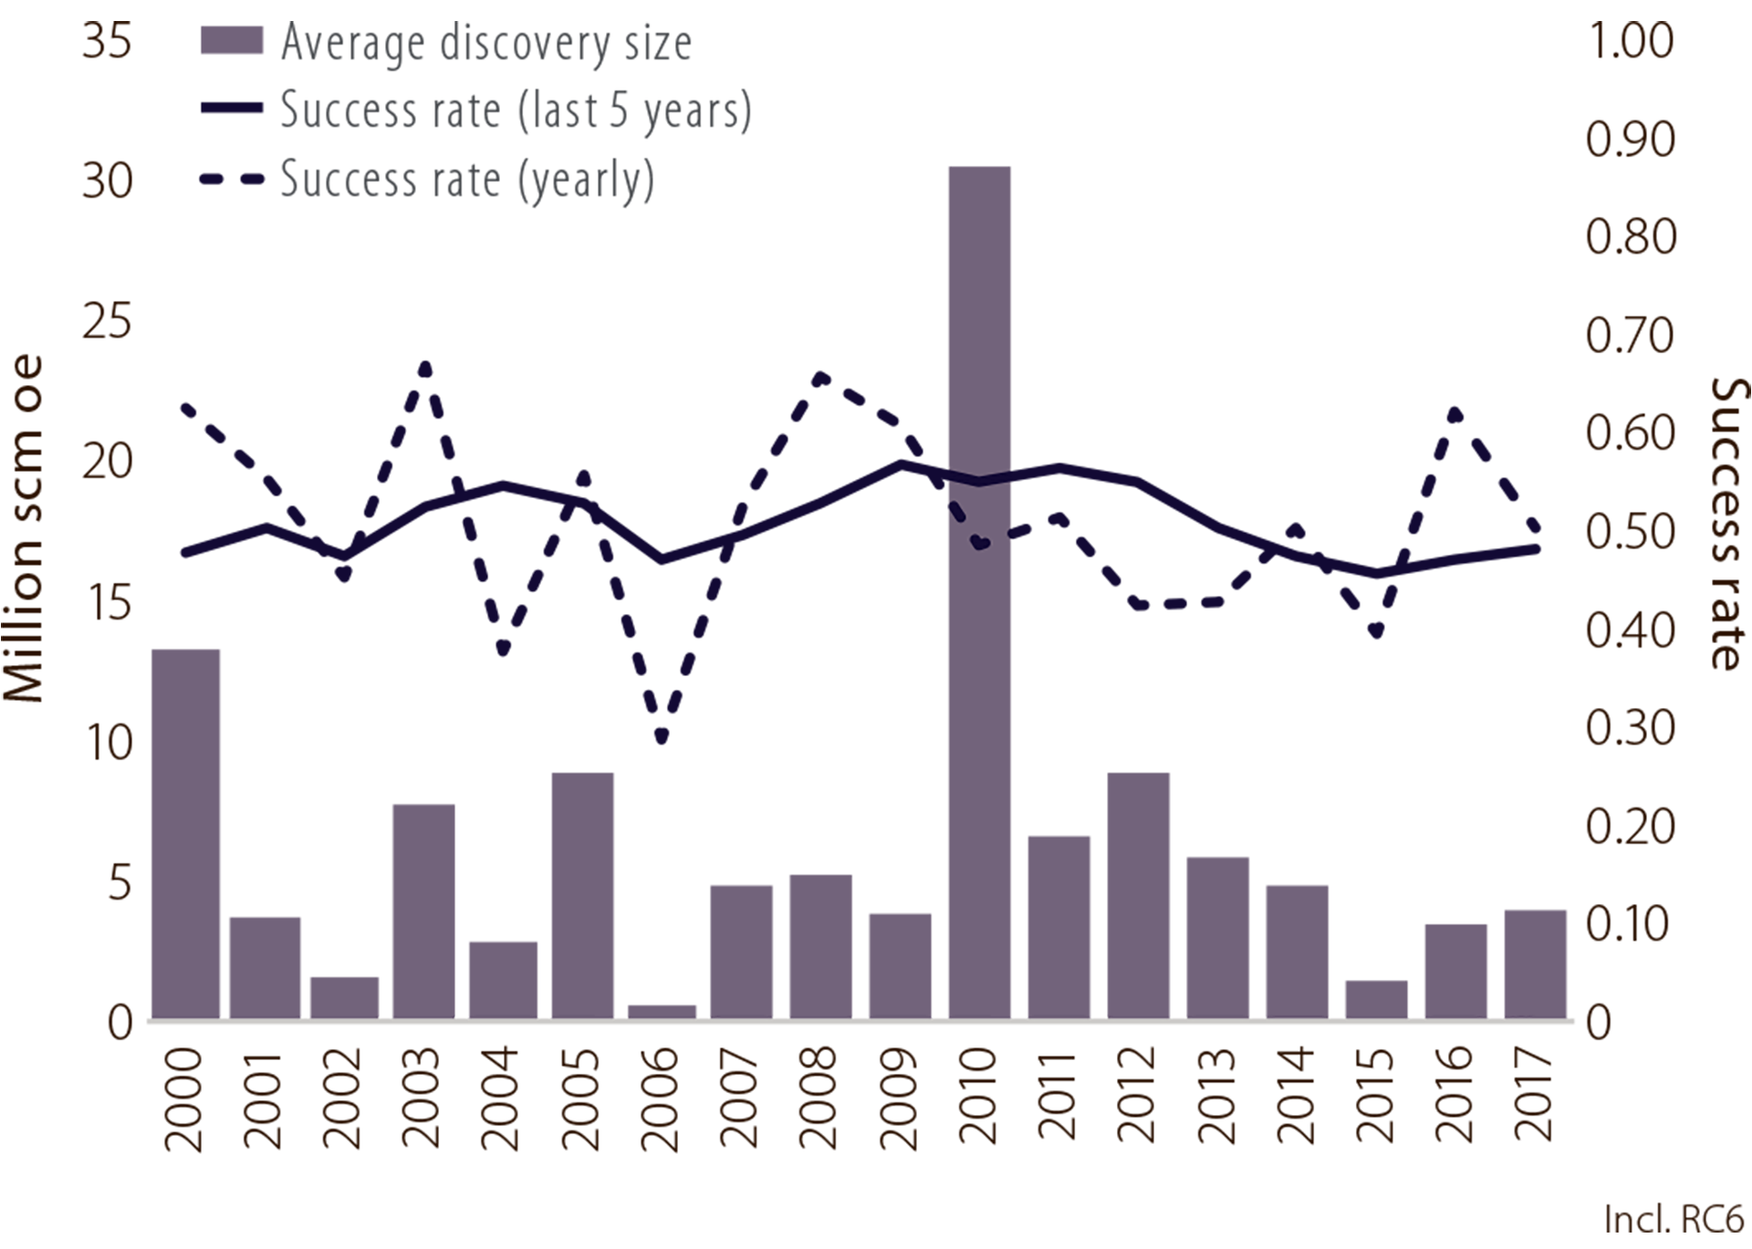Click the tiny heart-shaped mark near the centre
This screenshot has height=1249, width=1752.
coord(980,543)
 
